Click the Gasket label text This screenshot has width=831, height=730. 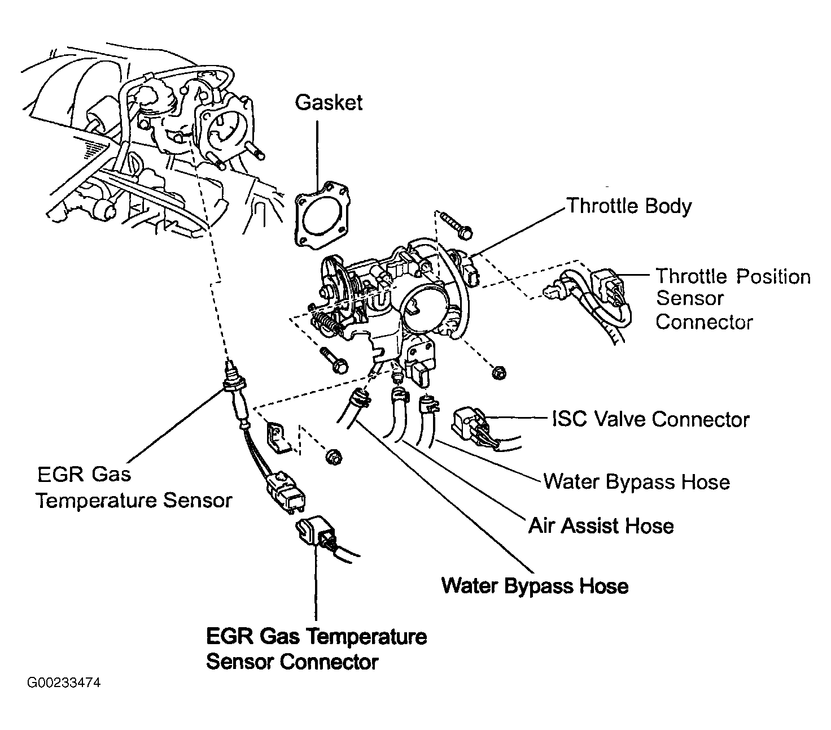click(x=329, y=103)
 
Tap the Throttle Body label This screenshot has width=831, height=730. click(x=629, y=206)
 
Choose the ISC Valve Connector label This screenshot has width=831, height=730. click(x=651, y=419)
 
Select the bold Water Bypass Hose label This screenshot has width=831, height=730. click(x=535, y=586)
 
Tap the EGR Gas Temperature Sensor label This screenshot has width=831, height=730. click(x=134, y=488)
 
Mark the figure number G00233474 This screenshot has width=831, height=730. click(x=64, y=683)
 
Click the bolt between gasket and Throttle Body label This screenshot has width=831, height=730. click(x=456, y=225)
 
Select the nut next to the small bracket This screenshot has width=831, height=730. click(x=333, y=457)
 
